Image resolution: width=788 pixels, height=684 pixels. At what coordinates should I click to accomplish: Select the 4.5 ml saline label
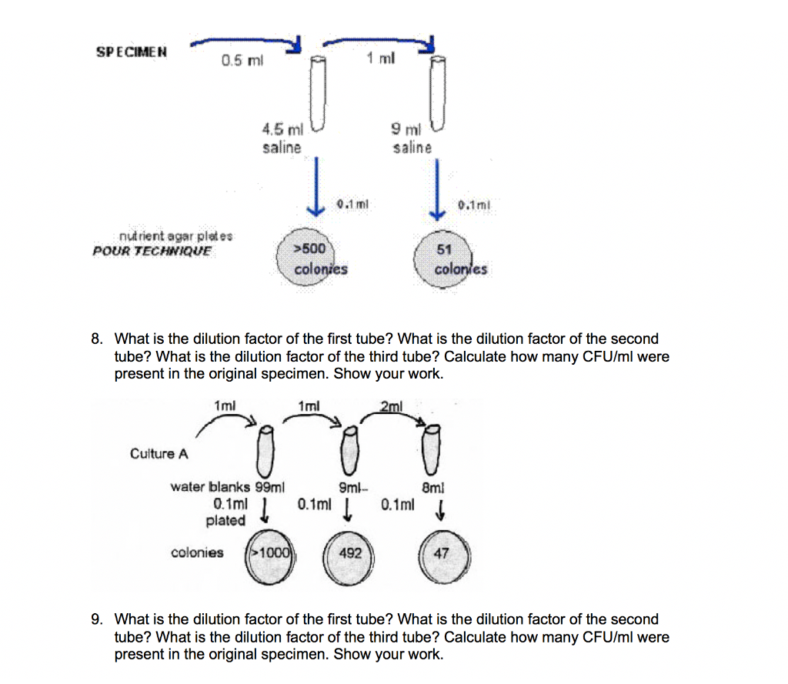pos(282,138)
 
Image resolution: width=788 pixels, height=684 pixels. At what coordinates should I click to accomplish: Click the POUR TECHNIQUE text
pos(152,251)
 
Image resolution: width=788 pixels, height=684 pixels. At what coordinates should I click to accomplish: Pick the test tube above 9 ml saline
pos(438,92)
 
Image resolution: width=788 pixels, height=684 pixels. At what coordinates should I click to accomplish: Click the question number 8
pos(96,339)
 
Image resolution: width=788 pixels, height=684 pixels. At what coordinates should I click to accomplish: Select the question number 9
pos(96,619)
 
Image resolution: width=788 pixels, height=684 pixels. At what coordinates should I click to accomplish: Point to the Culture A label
pos(159,453)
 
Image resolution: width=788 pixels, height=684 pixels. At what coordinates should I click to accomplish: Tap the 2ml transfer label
pos(391,405)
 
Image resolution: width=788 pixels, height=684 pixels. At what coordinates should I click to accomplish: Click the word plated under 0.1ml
pos(225,521)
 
